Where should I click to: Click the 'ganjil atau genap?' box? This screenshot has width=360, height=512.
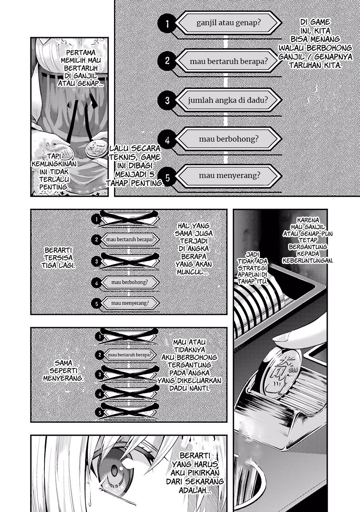click(228, 23)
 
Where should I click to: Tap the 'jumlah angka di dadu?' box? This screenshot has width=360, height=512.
click(228, 100)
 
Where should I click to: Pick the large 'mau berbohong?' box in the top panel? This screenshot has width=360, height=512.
click(228, 139)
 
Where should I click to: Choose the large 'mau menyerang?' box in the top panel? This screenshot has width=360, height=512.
click(228, 175)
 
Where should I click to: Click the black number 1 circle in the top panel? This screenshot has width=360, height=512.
click(167, 24)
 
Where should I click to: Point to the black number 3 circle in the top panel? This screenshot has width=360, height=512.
click(167, 100)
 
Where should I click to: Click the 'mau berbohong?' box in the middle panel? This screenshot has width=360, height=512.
click(130, 282)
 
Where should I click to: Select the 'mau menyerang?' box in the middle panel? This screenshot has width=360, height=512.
click(130, 303)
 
